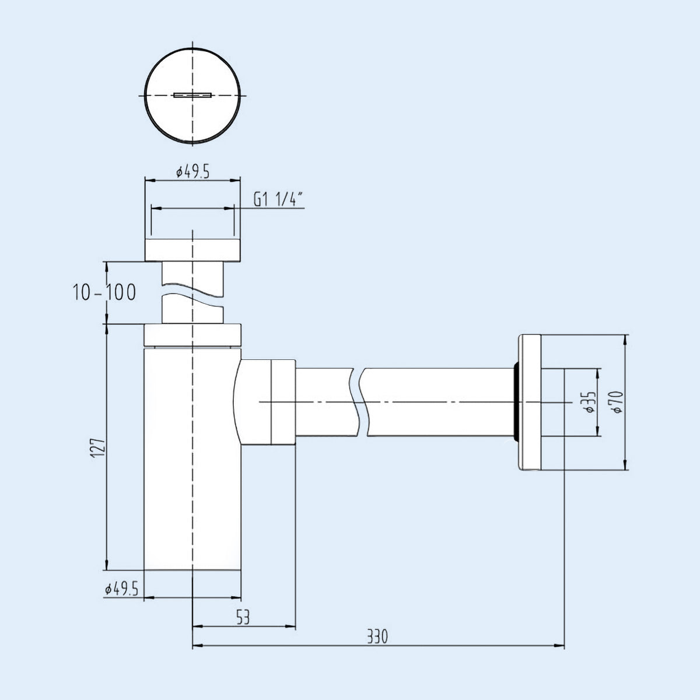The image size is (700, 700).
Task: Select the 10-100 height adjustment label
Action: coord(104,292)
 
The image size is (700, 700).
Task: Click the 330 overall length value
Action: coord(377,636)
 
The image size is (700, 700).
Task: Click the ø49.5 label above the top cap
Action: coord(192,172)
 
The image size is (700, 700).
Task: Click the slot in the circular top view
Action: coord(192,95)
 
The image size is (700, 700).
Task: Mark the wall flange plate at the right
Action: coord(530,402)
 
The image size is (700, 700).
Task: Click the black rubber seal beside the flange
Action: coord(516,402)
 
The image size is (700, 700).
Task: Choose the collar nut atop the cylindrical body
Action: coord(192,334)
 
